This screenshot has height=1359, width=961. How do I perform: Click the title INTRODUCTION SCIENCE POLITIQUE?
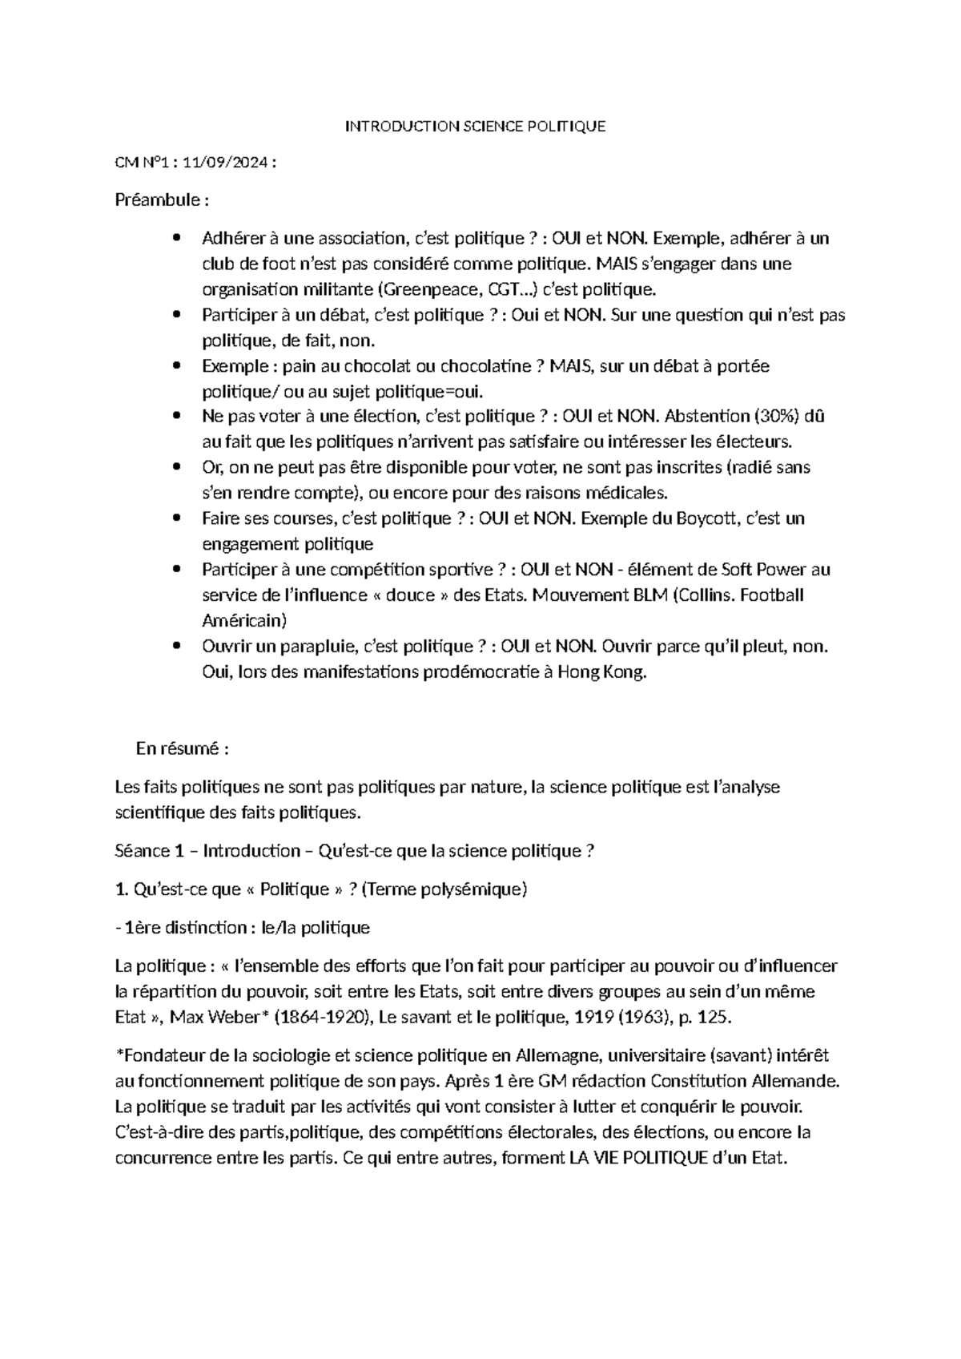pos(475,126)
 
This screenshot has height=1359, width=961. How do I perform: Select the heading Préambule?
pos(157,200)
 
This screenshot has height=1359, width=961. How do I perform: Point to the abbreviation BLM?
pos(652,595)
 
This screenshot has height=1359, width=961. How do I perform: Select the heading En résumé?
pos(183,749)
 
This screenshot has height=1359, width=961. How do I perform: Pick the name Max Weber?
pos(218,1018)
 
